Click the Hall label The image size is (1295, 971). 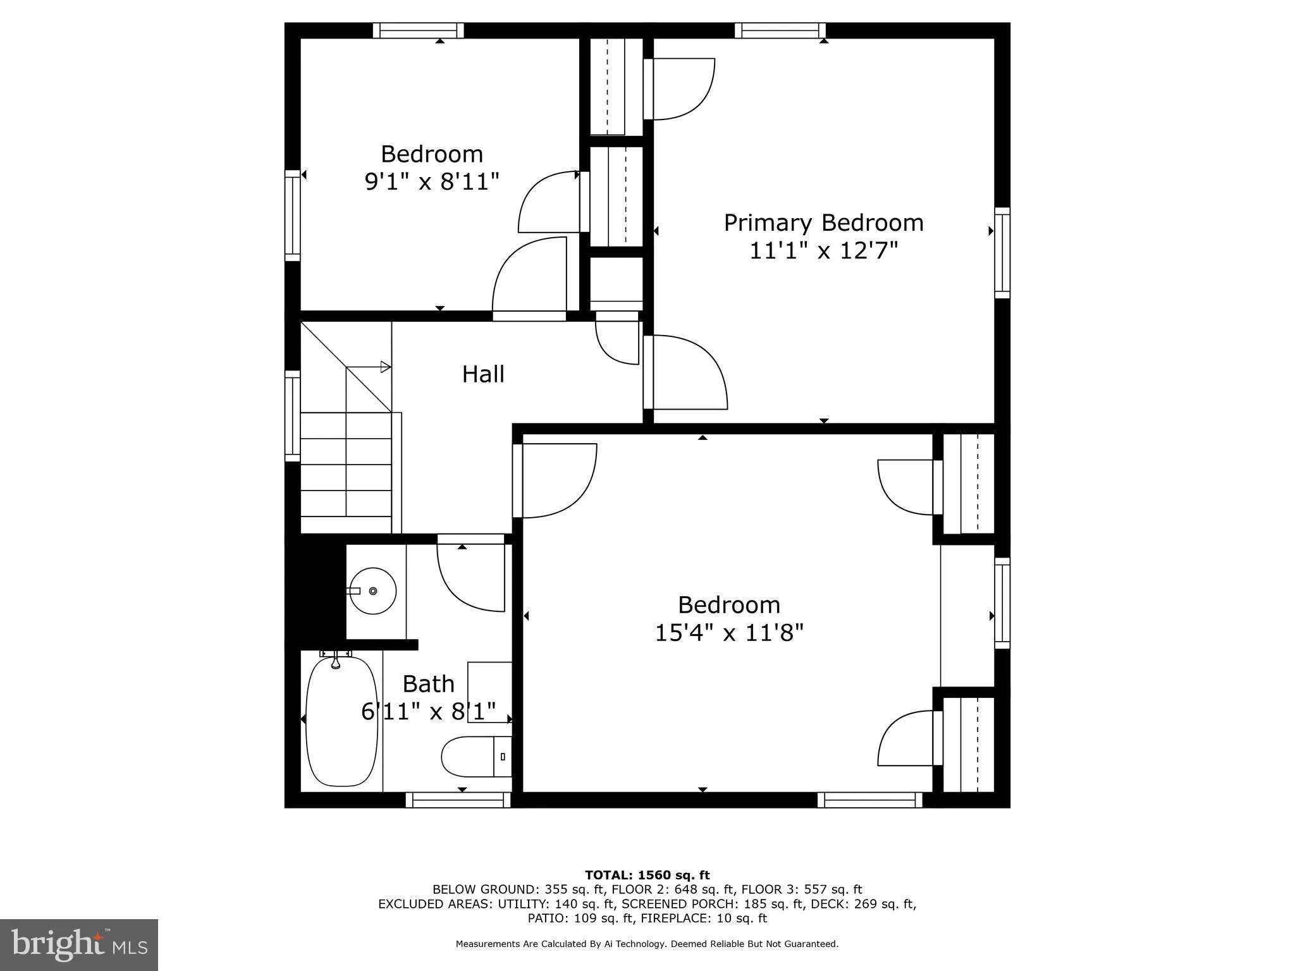(x=483, y=374)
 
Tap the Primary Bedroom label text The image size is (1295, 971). (x=823, y=223)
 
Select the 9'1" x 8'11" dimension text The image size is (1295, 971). (x=432, y=182)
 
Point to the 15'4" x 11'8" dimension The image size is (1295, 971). (x=728, y=633)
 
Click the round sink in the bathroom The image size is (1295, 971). (x=373, y=591)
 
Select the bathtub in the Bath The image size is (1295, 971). (x=341, y=721)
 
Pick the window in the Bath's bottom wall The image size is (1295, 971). (x=458, y=800)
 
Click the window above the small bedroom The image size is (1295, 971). (x=418, y=30)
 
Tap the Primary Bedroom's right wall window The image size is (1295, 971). (x=1002, y=253)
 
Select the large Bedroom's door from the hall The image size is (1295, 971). (x=556, y=480)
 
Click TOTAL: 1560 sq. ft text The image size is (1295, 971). (x=647, y=876)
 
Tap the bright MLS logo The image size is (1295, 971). (x=79, y=944)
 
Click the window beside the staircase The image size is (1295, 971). (x=292, y=416)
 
